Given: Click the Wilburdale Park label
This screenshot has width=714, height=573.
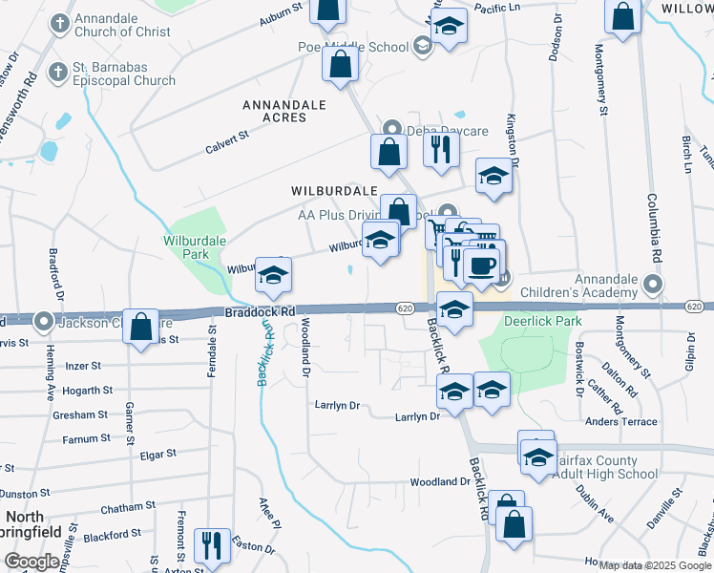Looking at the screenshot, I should [185, 248].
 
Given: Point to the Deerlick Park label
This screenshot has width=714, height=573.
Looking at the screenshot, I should [542, 322].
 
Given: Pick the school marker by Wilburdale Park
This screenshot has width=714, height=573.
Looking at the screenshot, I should [273, 275].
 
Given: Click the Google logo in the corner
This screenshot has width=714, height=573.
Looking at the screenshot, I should [31, 562].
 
